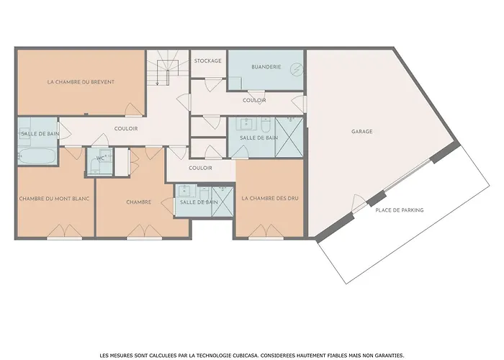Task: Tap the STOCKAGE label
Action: point(208,61)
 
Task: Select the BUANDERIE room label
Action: point(266,67)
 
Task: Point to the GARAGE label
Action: point(362,132)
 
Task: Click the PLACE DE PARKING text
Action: point(399,210)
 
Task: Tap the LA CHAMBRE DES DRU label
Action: point(269,198)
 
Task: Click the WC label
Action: point(101,158)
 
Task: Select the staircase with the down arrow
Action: point(163,69)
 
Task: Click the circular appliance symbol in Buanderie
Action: point(295,68)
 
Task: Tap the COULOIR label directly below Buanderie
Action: point(254,101)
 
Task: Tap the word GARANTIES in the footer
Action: point(390,336)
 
